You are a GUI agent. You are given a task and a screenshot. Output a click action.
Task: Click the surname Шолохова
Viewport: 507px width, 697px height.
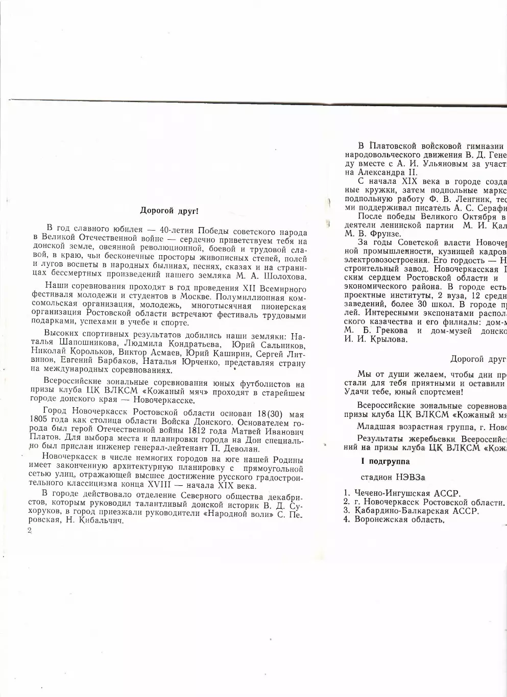tap(281, 277)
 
